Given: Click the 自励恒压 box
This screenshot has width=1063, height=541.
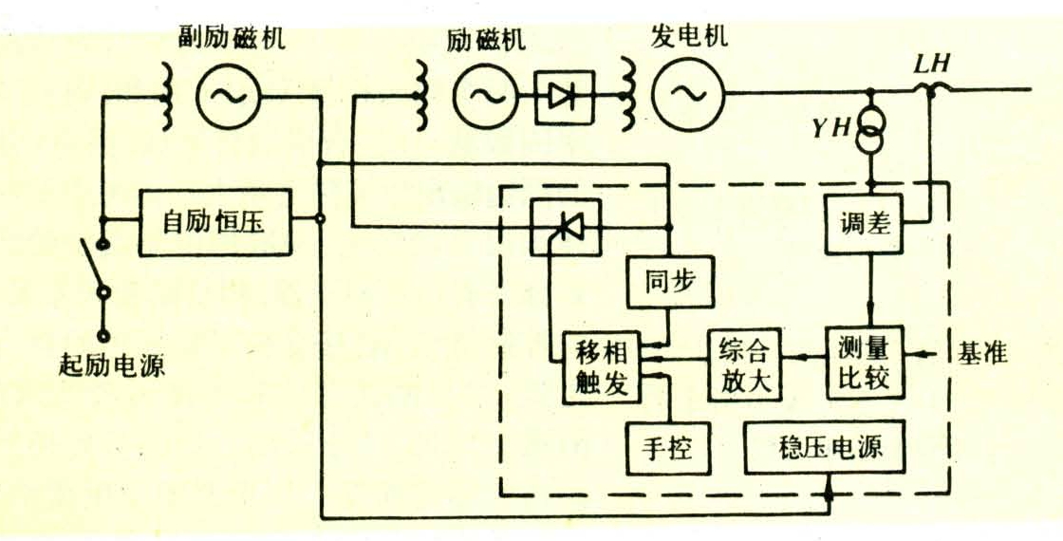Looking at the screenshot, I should (x=215, y=222).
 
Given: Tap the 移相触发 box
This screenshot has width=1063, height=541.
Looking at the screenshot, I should (x=602, y=368).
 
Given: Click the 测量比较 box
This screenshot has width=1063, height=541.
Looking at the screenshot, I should (x=865, y=363).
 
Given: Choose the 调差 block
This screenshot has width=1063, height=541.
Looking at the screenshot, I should (x=865, y=225).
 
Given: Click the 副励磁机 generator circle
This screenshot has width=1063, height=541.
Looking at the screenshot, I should (x=230, y=96).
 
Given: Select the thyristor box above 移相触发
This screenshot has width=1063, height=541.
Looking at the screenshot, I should (x=566, y=227).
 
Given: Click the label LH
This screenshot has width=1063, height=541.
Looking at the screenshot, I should (x=930, y=65).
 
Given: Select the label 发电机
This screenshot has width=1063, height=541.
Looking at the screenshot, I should (x=689, y=38).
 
